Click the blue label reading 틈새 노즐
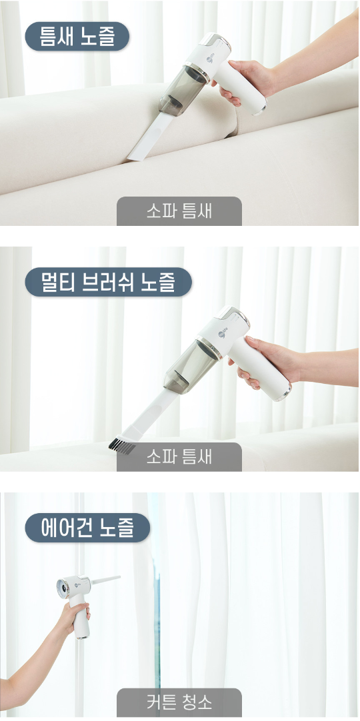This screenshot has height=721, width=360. (x=77, y=37)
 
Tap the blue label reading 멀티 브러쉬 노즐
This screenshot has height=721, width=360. (x=108, y=282)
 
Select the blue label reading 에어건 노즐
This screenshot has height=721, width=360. (x=87, y=528)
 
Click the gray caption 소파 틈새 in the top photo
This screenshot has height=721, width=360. (x=179, y=211)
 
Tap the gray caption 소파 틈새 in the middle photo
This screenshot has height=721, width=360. (x=179, y=457)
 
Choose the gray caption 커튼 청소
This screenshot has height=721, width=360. (x=179, y=702)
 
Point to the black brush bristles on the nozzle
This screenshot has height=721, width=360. (x=122, y=445)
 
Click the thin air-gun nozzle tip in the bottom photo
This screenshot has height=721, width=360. (x=106, y=579)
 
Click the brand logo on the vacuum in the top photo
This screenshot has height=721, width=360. (x=210, y=59)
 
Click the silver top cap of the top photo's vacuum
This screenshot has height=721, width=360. (x=214, y=39)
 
